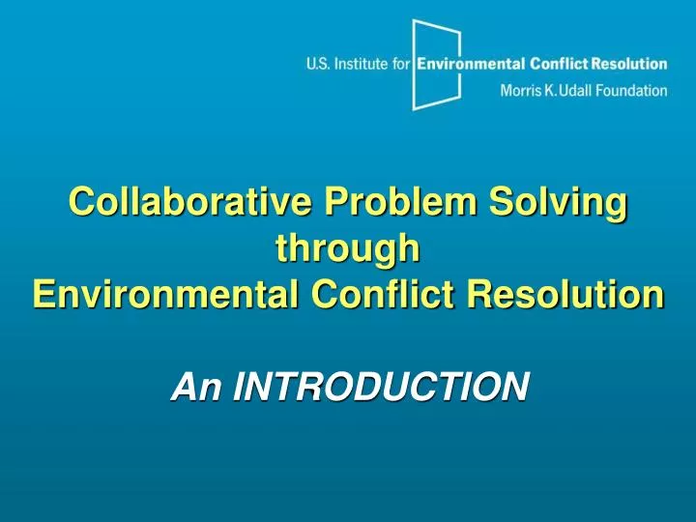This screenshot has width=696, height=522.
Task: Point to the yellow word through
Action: click(x=348, y=248)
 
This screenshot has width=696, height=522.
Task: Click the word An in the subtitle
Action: click(x=198, y=386)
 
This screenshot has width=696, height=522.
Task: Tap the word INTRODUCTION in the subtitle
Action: click(x=382, y=386)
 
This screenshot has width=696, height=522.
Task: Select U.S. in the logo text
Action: click(x=320, y=65)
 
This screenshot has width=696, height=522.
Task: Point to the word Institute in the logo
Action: click(x=362, y=65)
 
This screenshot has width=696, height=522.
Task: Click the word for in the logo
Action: click(x=402, y=65)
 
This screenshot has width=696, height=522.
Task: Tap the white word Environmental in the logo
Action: click(x=471, y=65)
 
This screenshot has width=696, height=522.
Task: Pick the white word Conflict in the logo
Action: click(x=560, y=65)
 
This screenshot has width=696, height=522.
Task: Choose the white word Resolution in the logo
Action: click(x=629, y=65)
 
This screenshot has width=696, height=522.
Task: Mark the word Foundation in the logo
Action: click(x=635, y=91)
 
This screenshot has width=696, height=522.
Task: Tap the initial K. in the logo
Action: click(x=552, y=91)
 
